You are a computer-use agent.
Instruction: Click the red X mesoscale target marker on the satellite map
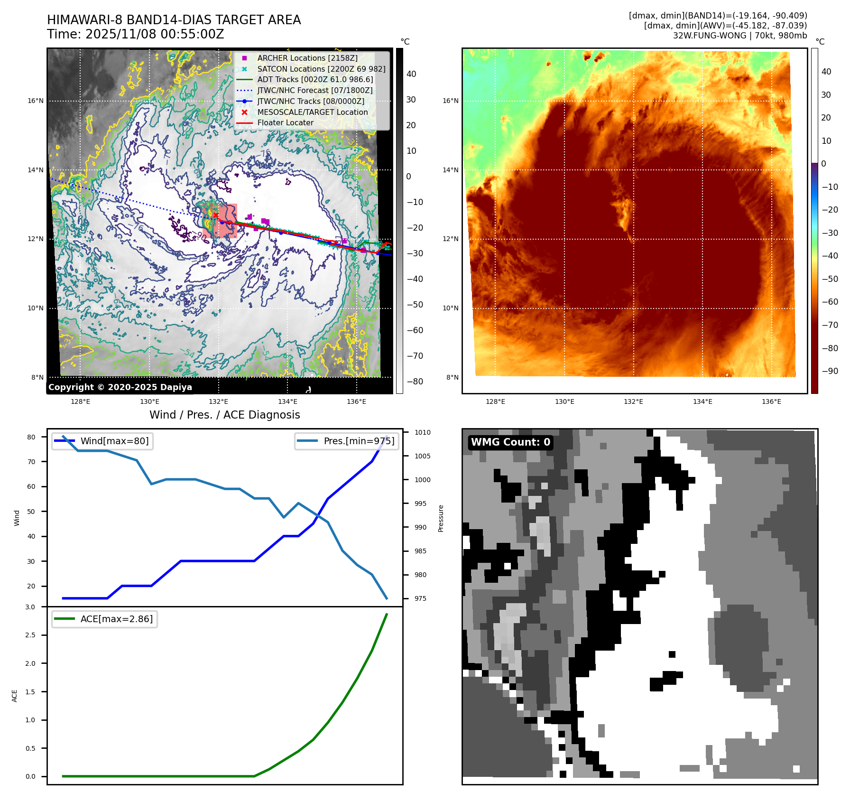(x=216, y=215)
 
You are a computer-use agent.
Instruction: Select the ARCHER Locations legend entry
(x=307, y=58)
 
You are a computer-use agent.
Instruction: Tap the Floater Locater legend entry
(x=285, y=122)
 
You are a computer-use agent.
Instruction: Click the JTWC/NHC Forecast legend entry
(x=314, y=90)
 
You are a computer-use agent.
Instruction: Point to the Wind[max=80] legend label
(x=114, y=441)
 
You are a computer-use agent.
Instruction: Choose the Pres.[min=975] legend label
(x=359, y=441)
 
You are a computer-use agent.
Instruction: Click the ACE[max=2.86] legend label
(x=116, y=619)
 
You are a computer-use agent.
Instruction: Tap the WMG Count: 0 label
(x=510, y=442)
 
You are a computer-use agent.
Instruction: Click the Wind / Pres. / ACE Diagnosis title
(x=225, y=415)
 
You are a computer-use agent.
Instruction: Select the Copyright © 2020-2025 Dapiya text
(x=120, y=387)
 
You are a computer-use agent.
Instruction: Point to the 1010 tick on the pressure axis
(x=422, y=432)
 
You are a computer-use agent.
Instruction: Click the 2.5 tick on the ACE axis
(x=30, y=635)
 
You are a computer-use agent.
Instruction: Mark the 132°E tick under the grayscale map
(x=218, y=401)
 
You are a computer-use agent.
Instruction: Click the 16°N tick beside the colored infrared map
(x=450, y=101)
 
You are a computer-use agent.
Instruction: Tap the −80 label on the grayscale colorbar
(x=415, y=381)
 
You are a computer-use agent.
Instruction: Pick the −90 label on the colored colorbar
(x=830, y=371)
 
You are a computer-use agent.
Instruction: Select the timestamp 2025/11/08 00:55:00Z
(x=155, y=34)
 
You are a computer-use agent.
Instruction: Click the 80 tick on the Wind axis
(x=31, y=437)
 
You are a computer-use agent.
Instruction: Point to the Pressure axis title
(x=441, y=518)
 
